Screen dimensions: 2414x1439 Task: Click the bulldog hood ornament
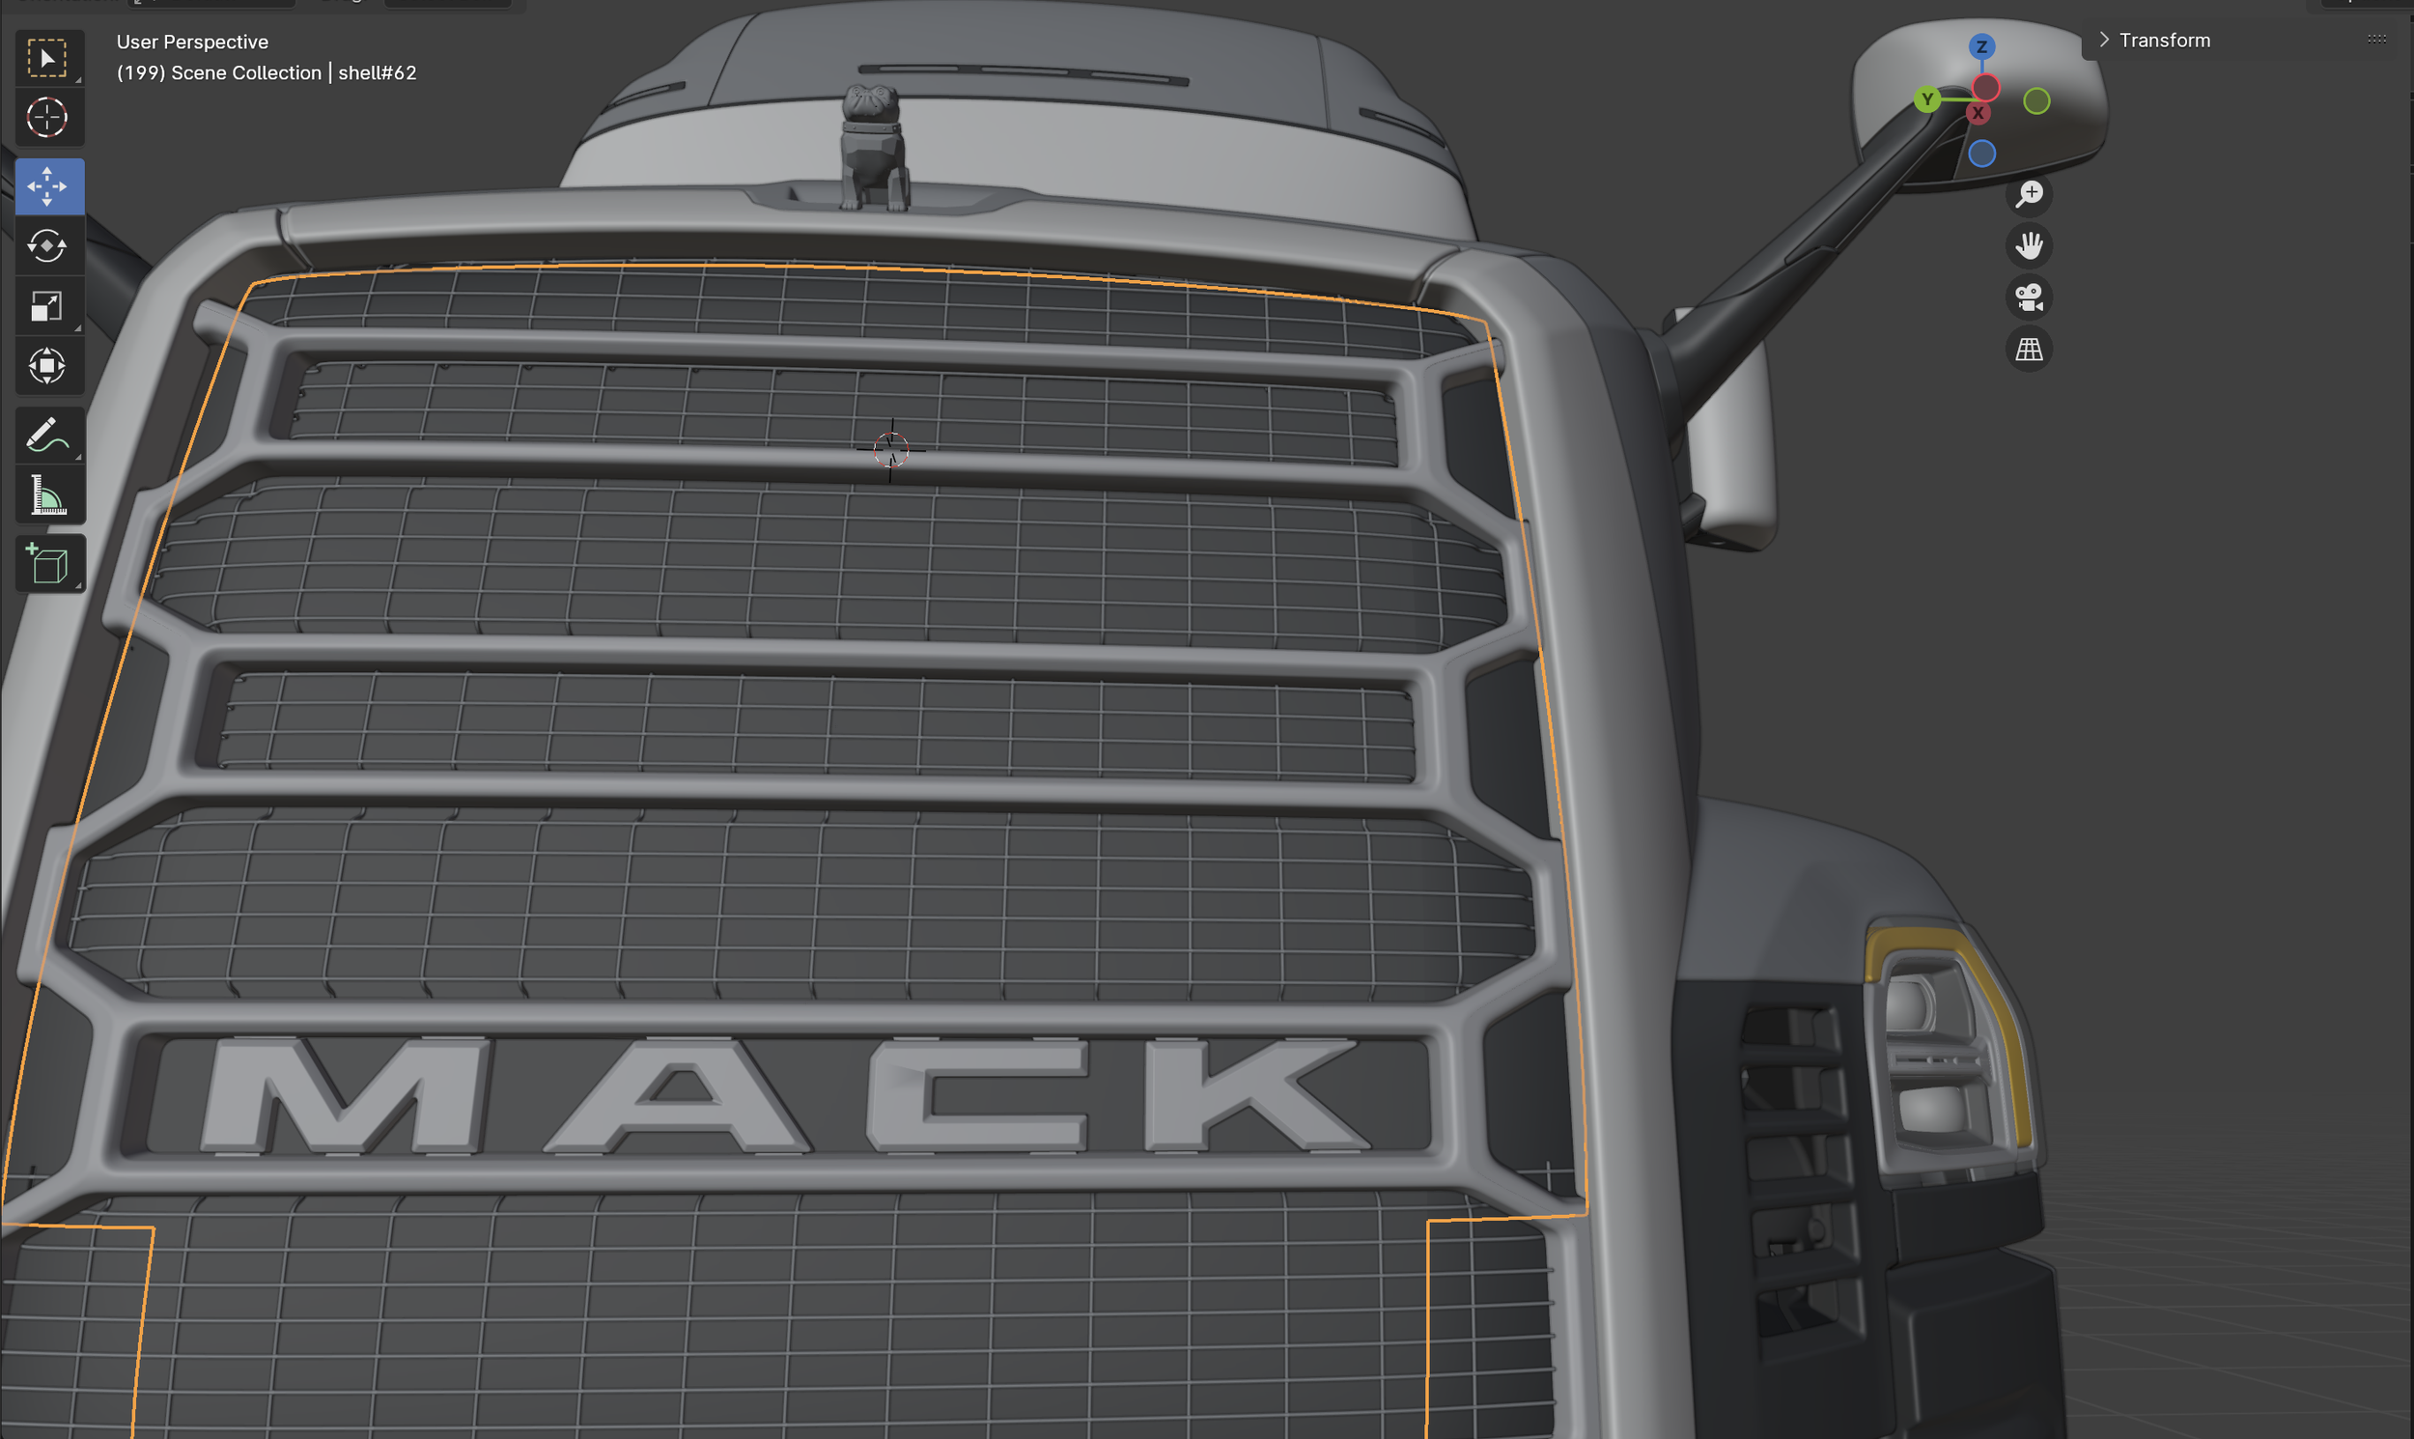tap(876, 148)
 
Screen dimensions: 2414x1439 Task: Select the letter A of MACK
tap(679, 1096)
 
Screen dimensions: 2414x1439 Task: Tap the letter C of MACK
tap(979, 1096)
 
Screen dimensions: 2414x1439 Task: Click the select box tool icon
tap(47, 58)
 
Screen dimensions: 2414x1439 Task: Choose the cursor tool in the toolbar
tap(47, 117)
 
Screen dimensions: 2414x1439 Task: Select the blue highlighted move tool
tap(47, 185)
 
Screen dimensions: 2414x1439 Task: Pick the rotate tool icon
tap(47, 245)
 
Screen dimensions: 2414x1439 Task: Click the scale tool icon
tap(47, 305)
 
